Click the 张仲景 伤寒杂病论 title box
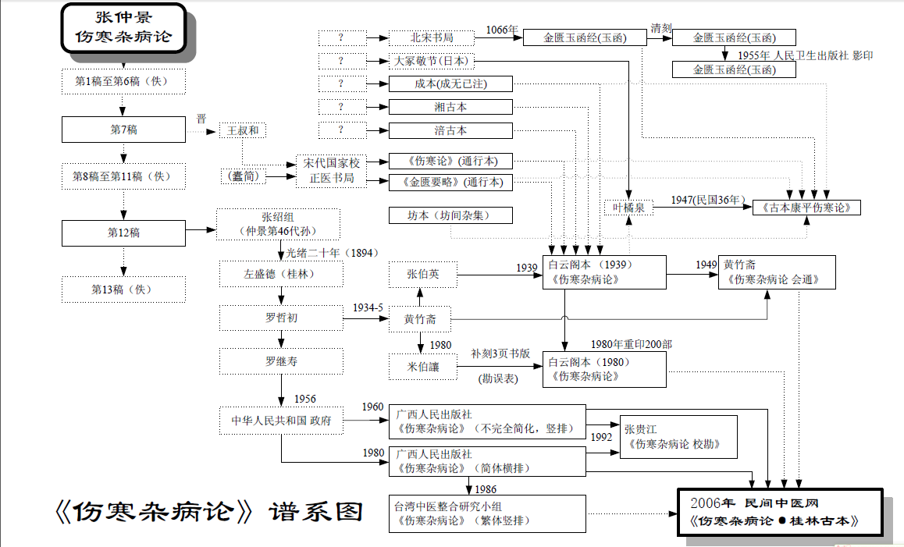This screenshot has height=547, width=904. coord(123,27)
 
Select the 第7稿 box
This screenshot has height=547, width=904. coord(123,130)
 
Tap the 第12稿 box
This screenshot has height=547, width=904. coord(123,233)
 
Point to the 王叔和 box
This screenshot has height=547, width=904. coord(242,130)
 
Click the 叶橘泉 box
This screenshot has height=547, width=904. coord(628,208)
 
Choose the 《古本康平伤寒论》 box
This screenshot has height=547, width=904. coord(806,208)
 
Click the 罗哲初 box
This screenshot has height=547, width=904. coord(280,318)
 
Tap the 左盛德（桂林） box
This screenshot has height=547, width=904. coord(280,275)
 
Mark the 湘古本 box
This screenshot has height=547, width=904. coord(450,107)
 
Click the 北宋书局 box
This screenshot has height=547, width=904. coord(432,37)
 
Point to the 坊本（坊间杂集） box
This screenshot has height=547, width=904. coord(450,215)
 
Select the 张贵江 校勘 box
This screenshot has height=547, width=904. coord(678,436)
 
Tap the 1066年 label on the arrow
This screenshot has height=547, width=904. coord(502,30)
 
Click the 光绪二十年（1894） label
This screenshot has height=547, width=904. coord(322,252)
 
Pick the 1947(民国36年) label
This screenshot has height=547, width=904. coord(707,201)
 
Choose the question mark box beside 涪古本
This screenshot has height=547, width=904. coord(342,130)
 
